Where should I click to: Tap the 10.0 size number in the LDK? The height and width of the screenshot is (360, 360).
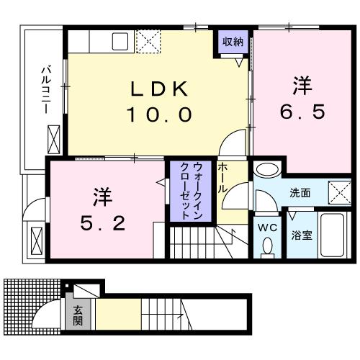tap(159, 113)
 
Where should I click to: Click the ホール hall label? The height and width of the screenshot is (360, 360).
tap(223, 177)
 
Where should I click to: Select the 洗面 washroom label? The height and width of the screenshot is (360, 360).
tap(300, 193)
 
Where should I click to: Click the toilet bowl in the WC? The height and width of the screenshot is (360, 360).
tap(268, 247)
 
